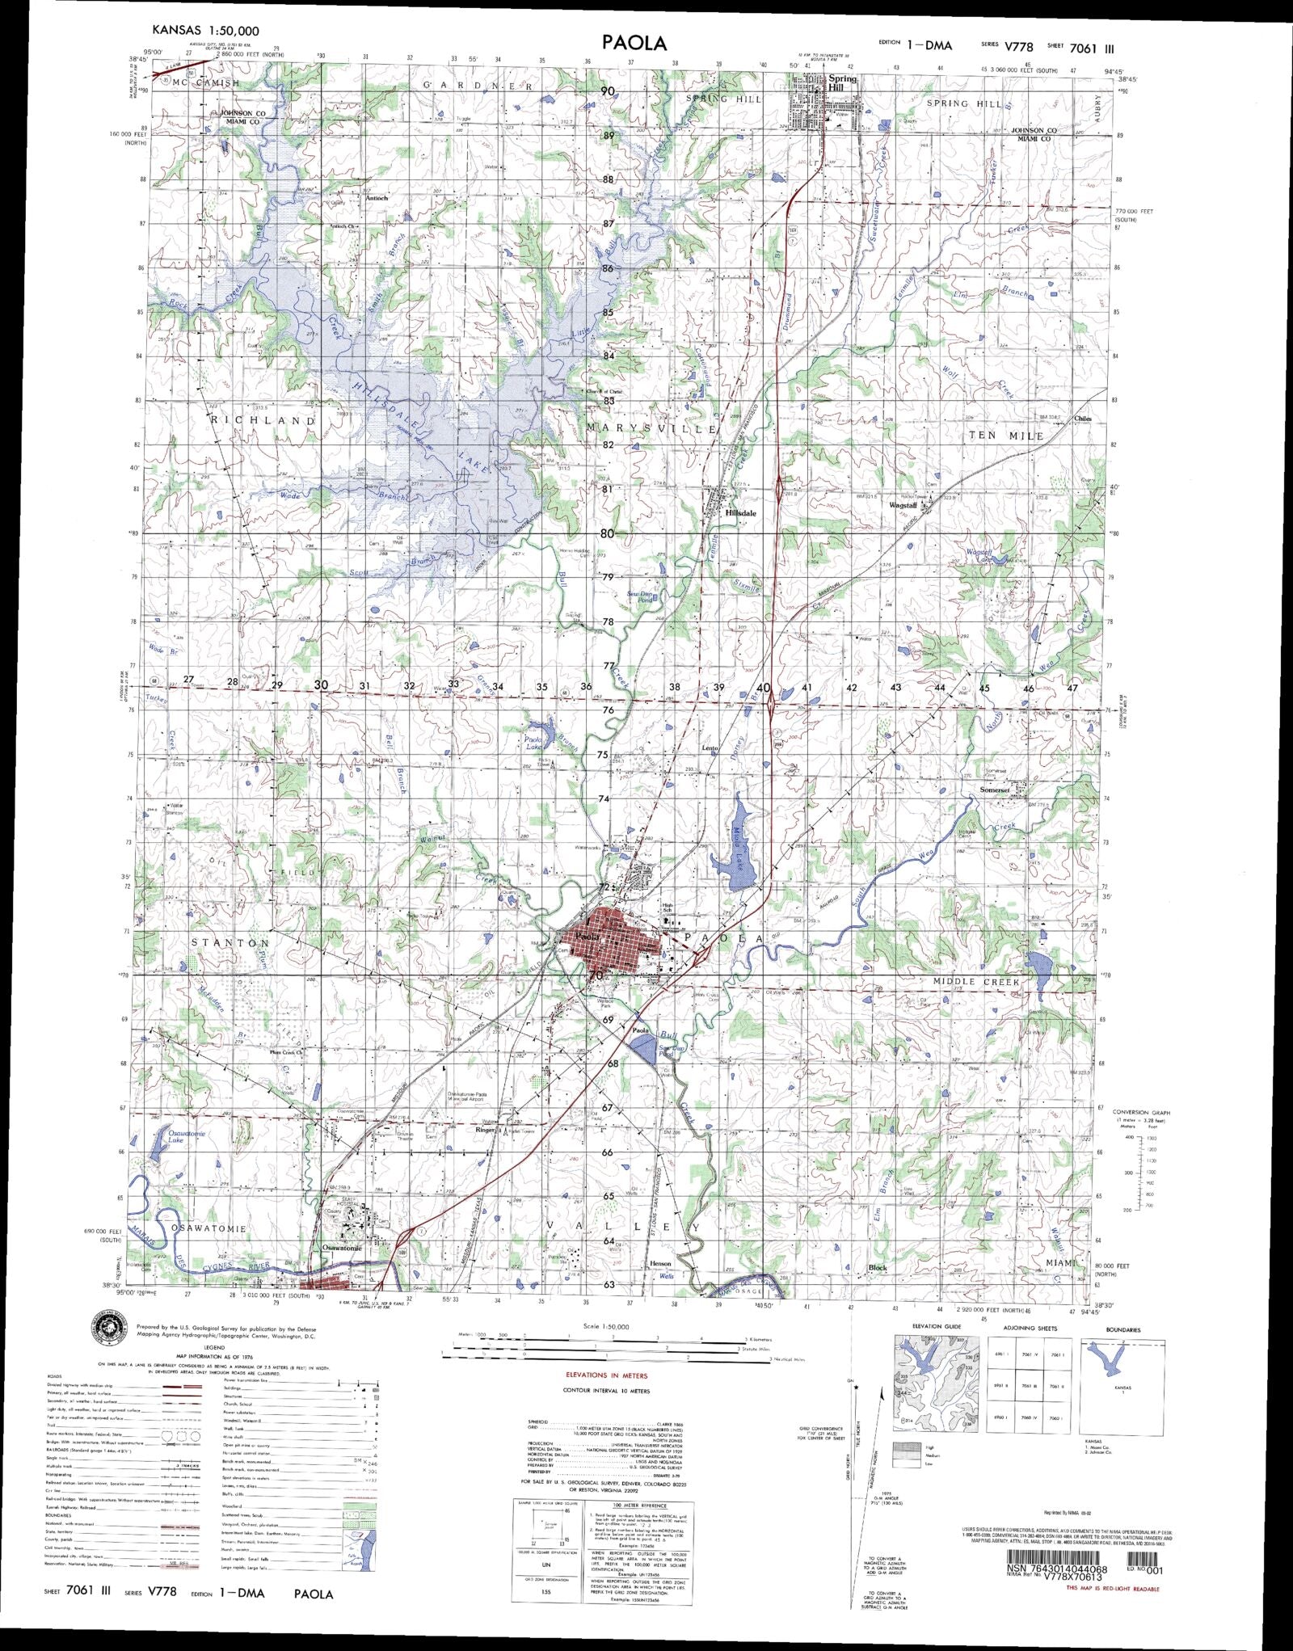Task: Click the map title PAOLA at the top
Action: tap(634, 43)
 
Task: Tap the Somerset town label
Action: tap(995, 790)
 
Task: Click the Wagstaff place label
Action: tap(903, 505)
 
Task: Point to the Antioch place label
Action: tap(377, 197)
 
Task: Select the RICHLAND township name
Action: tap(263, 421)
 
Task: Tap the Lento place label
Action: tap(710, 748)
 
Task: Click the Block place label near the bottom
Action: tap(878, 1268)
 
